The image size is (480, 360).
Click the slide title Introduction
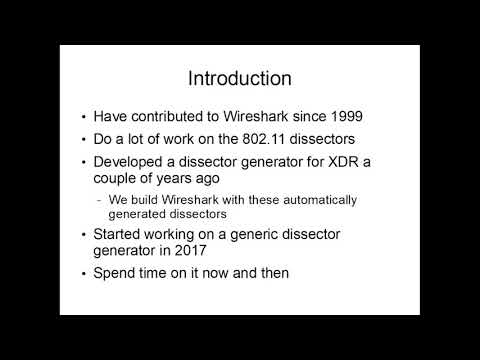click(x=240, y=78)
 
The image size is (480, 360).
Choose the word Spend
click(x=118, y=272)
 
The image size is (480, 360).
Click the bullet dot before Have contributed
click(x=84, y=114)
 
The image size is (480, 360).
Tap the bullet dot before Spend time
click(x=84, y=273)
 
